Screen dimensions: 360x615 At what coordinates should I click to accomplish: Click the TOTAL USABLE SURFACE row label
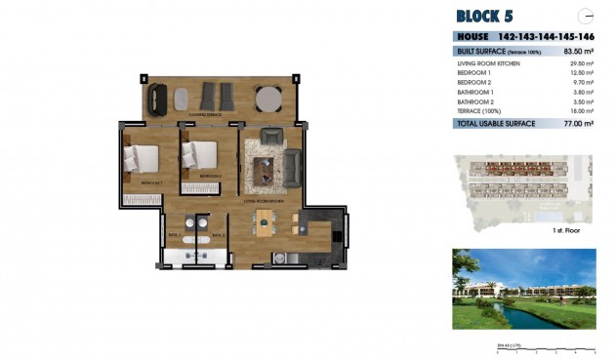coord(496,125)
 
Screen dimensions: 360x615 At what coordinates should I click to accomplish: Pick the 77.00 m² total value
coord(580,125)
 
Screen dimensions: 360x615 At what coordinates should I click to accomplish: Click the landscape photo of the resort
coord(524,289)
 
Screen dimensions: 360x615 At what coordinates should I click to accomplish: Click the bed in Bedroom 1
coord(143,160)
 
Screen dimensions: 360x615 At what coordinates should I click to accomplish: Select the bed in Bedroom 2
coord(201,156)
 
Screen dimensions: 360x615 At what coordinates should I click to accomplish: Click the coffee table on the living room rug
coord(265,172)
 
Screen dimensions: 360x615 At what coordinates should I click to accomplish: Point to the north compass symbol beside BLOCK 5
coord(586,15)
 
